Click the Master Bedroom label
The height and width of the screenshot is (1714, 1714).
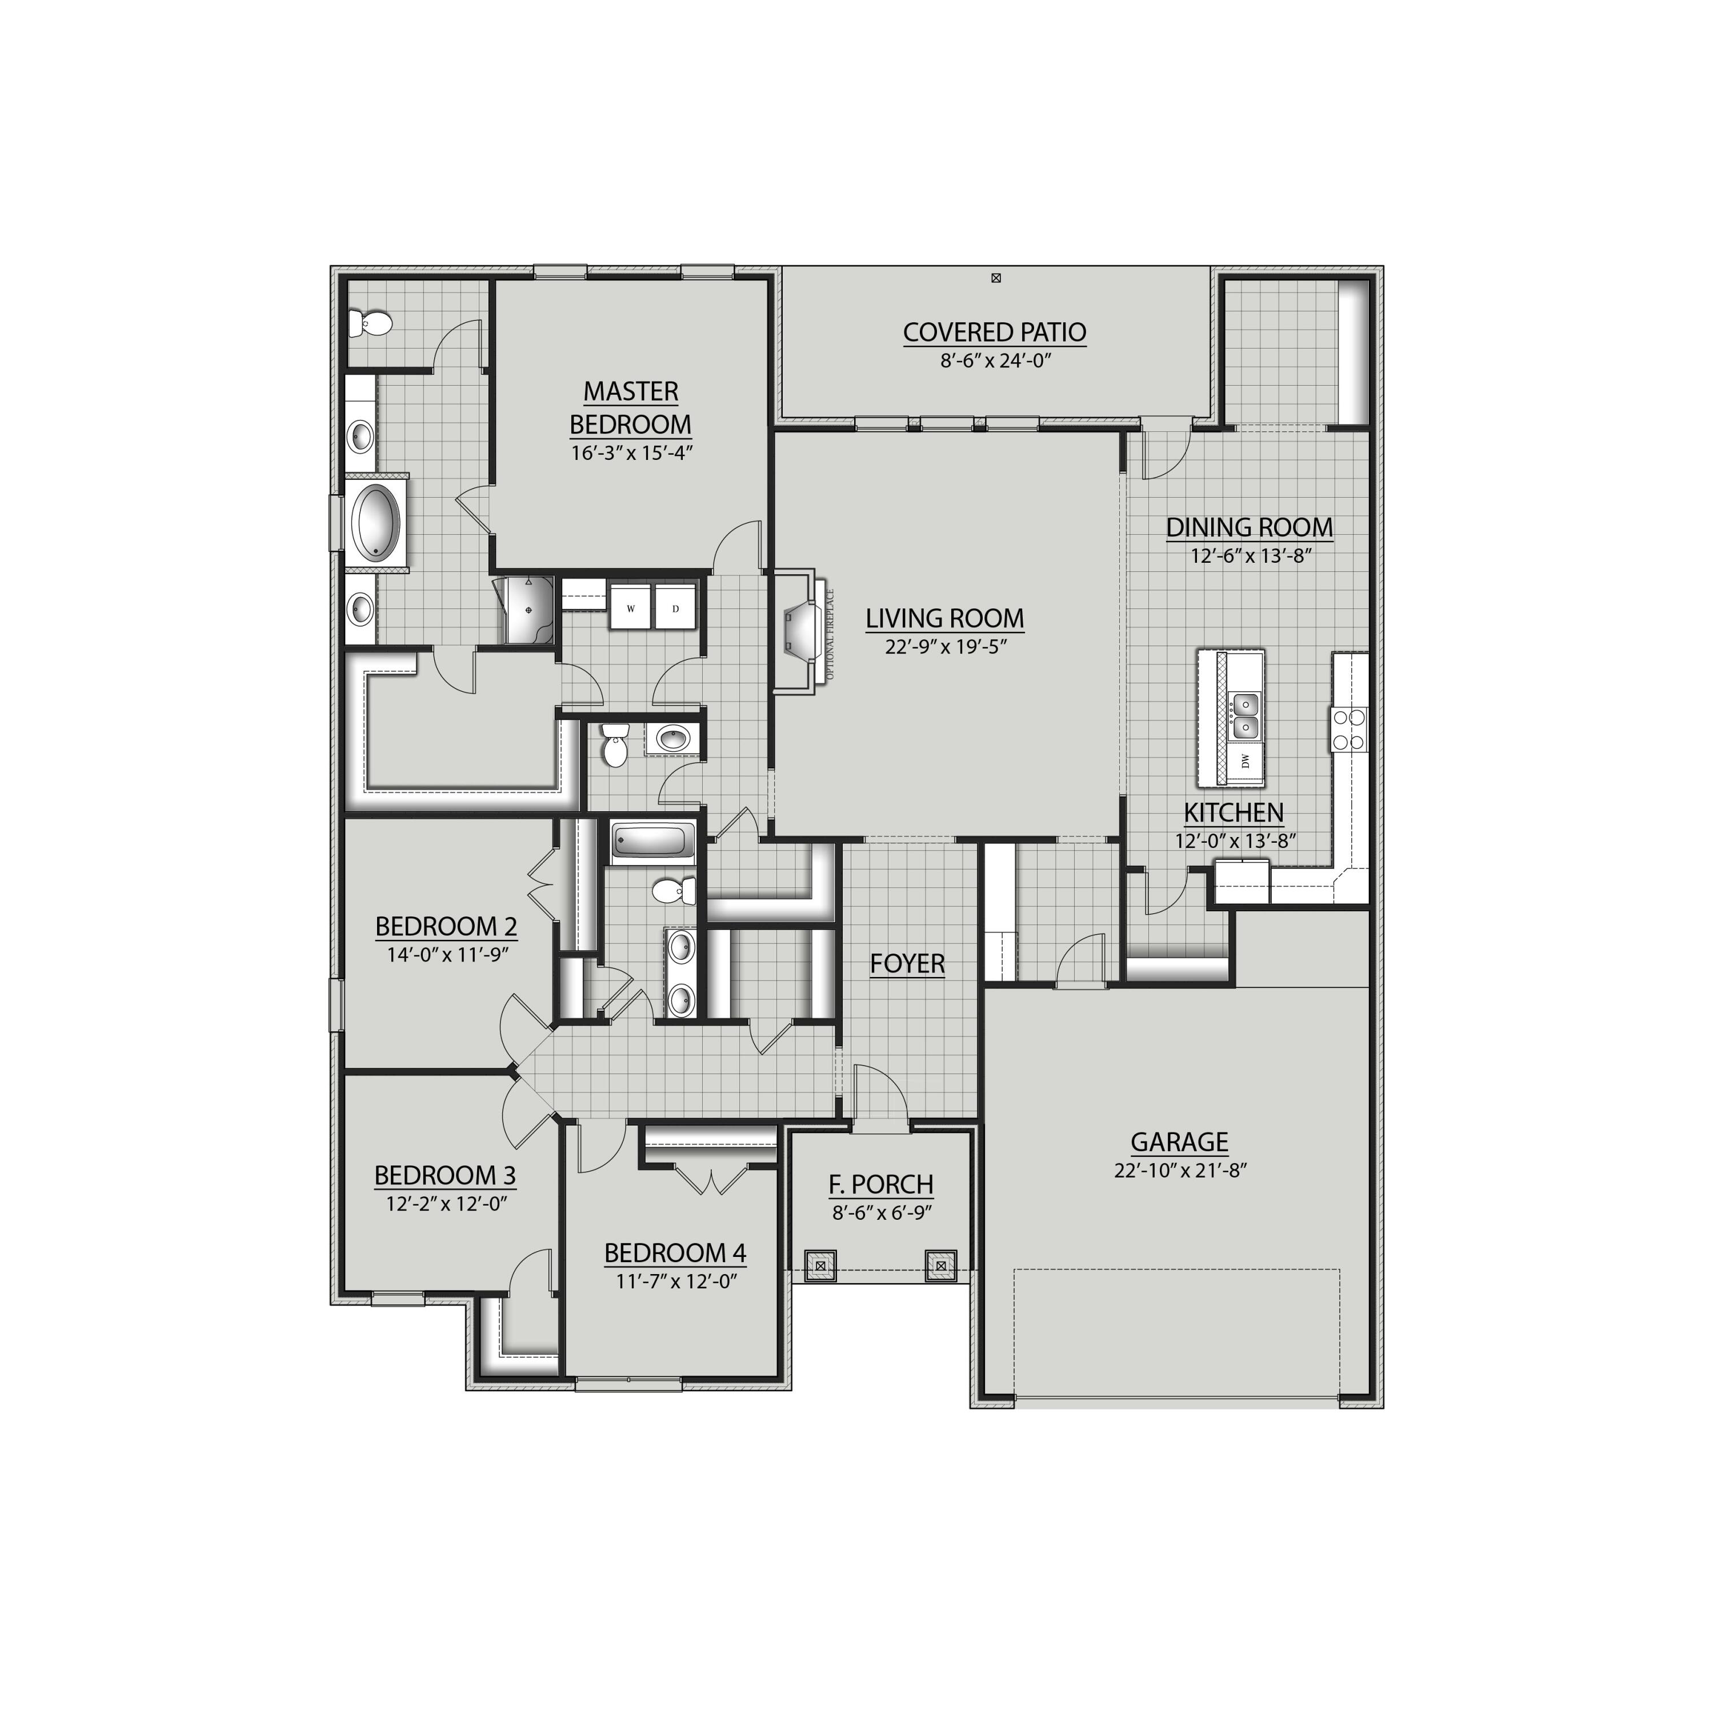[x=631, y=407]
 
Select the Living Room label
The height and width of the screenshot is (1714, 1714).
[x=945, y=618]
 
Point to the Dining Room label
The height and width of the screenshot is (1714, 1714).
[x=1249, y=527]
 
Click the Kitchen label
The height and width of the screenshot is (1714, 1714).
[x=1233, y=812]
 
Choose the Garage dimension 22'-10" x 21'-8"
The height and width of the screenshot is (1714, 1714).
[x=1180, y=1170]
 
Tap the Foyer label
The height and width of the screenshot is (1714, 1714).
[x=907, y=963]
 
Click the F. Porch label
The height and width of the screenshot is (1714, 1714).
[x=881, y=1184]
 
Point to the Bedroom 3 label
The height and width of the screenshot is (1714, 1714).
[x=444, y=1175]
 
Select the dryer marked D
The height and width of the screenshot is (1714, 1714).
[x=676, y=608]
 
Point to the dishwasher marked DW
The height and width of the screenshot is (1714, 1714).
[x=1245, y=760]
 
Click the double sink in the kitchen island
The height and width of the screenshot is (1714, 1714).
[x=1245, y=716]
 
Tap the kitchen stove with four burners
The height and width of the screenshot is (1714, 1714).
[x=1348, y=729]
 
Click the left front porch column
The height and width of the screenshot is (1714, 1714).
[x=820, y=1265]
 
